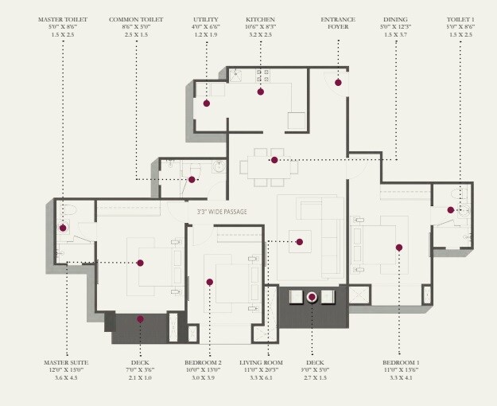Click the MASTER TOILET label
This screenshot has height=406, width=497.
(x=62, y=18)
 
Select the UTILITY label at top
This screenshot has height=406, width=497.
(x=205, y=18)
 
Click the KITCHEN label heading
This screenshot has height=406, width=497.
(x=261, y=18)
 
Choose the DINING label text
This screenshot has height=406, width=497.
(x=395, y=18)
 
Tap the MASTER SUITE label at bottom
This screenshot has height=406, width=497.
(x=66, y=363)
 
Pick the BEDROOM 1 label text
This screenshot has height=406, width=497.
(x=401, y=363)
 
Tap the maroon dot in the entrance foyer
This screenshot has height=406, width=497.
(x=338, y=82)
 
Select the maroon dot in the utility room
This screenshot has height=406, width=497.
(x=206, y=103)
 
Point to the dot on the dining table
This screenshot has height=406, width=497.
(x=274, y=160)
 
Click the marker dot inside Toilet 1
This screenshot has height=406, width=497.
(x=450, y=210)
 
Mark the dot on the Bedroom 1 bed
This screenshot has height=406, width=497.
(x=399, y=248)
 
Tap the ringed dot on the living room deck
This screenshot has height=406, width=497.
(x=312, y=298)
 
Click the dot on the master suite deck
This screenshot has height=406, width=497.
(x=140, y=319)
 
